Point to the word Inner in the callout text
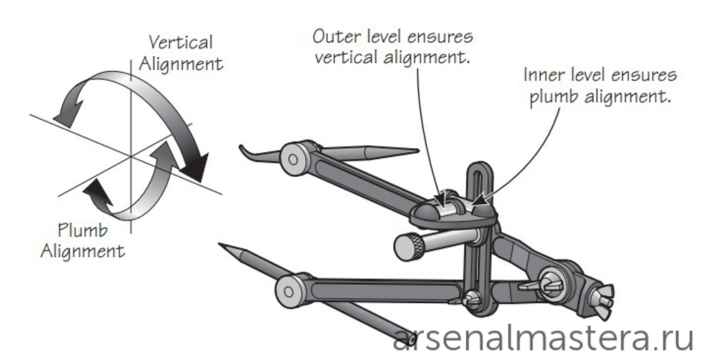[545, 75]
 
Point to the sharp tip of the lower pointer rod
[222, 246]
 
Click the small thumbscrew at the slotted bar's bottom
[472, 298]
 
